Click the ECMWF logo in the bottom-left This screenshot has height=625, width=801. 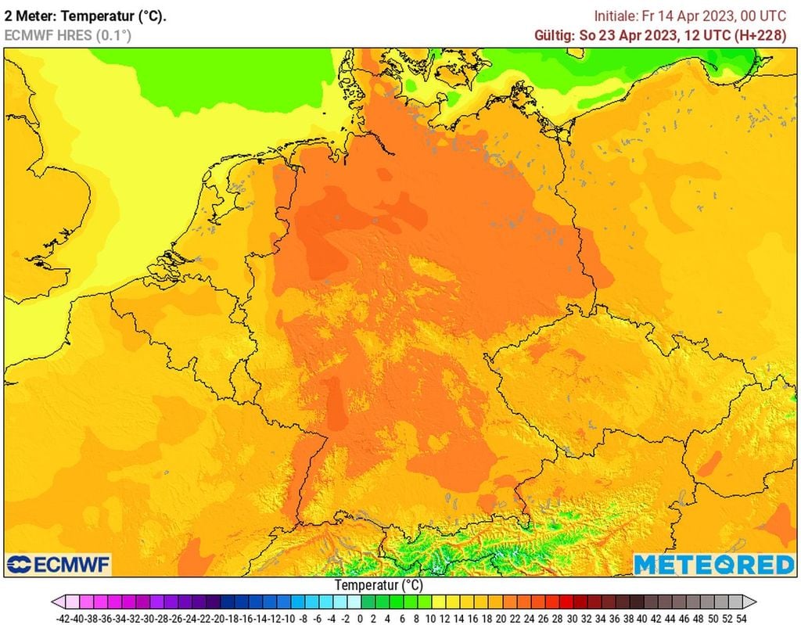tap(59, 564)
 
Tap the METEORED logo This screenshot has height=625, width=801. tap(713, 564)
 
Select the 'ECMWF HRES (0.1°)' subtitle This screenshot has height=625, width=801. tap(68, 35)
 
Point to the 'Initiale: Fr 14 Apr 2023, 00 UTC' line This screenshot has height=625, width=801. tap(690, 16)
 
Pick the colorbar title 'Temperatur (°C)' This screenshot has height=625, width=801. tap(379, 585)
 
